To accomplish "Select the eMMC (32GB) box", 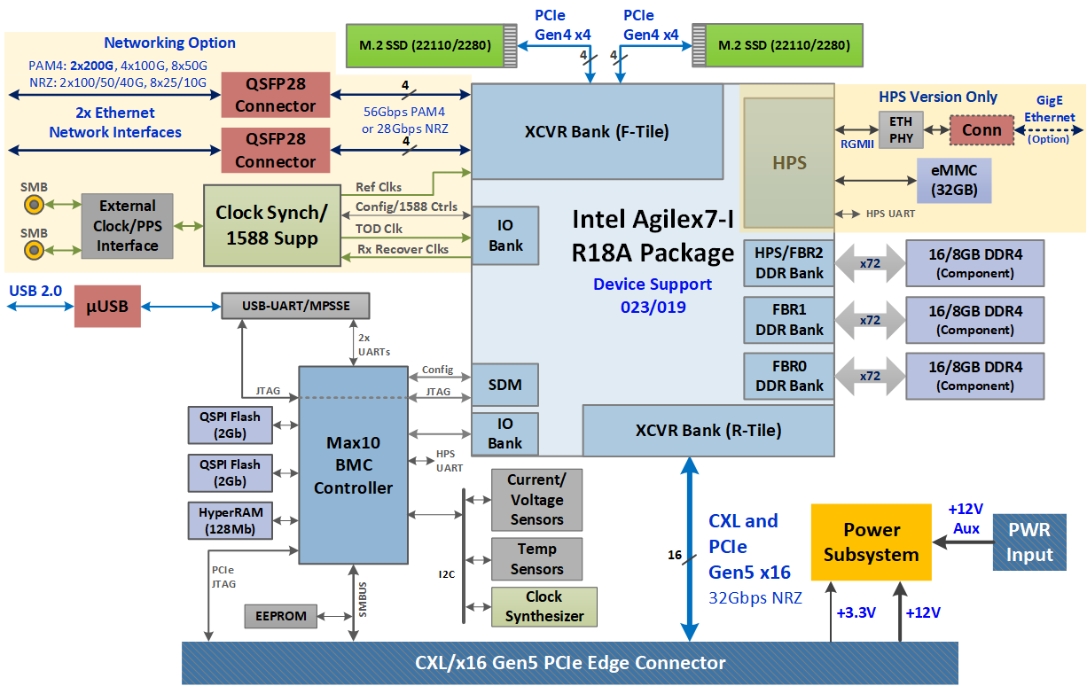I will click(953, 181).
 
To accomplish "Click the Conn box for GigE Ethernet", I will click(981, 130).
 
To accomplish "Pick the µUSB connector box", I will click(107, 306).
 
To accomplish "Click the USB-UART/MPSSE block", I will click(295, 307).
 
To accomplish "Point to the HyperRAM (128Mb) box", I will click(230, 520).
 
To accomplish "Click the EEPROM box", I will click(280, 616).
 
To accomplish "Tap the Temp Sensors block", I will click(536, 559).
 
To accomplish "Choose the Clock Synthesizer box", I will click(544, 606).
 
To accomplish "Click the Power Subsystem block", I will click(871, 542).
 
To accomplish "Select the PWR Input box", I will click(1029, 542).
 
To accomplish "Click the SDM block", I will click(504, 385).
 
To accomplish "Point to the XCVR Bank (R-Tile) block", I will click(708, 431).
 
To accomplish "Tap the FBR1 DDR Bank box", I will click(789, 320).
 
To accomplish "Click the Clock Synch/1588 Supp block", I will click(271, 225).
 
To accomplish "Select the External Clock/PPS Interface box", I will click(127, 225).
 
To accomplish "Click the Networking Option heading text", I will click(169, 43).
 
